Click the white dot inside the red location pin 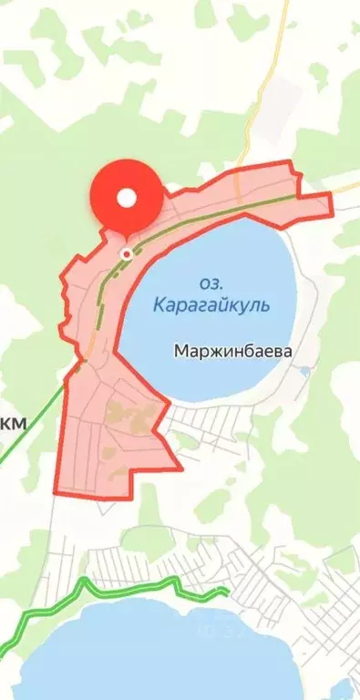[x=126, y=197]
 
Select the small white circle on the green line [x=126, y=255]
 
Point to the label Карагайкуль [x=211, y=304]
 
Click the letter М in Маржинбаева [x=180, y=349]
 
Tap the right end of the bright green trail [x=225, y=592]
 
